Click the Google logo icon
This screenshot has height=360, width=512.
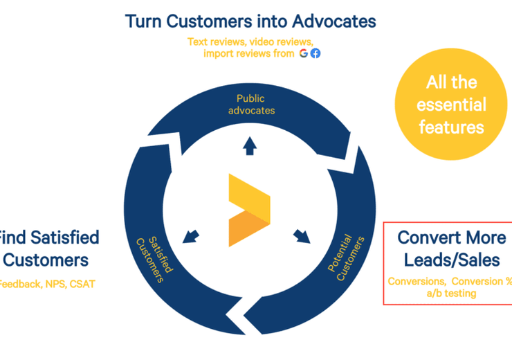click(304, 53)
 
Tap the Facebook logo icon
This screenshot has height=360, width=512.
click(316, 53)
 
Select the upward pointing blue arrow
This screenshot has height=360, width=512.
click(249, 145)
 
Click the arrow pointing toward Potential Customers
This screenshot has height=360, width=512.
click(302, 236)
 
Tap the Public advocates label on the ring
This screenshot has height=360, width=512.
click(251, 105)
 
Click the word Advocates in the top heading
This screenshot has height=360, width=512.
click(331, 21)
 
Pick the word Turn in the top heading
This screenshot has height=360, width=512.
click(144, 21)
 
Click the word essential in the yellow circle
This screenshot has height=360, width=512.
click(451, 105)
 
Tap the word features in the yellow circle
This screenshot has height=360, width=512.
click(451, 127)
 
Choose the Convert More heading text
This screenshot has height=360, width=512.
click(451, 237)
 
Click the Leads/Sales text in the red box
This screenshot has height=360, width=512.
click(451, 260)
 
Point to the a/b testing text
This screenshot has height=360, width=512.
click(451, 294)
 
